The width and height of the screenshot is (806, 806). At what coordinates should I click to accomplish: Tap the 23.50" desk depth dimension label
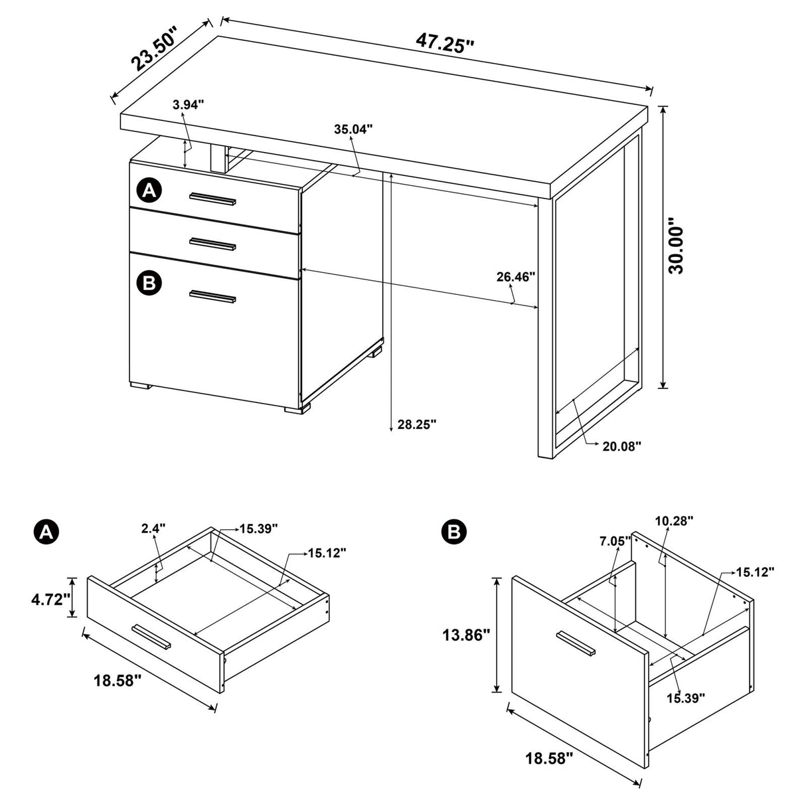[155, 50]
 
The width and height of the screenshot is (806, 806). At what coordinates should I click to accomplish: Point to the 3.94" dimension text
[188, 104]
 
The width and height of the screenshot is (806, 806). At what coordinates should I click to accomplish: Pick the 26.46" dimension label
[516, 276]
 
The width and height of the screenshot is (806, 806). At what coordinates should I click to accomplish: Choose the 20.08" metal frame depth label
[621, 446]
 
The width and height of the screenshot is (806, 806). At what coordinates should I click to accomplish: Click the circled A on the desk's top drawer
[149, 191]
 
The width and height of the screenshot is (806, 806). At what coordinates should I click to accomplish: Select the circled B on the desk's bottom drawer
[149, 283]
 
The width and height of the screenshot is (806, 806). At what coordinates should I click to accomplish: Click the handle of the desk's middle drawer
[212, 243]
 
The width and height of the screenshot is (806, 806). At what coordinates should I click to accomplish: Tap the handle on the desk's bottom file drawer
[212, 297]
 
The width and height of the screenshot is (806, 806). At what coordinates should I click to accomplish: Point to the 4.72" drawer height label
[50, 600]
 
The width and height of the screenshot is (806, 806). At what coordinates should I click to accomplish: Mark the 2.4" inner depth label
[153, 528]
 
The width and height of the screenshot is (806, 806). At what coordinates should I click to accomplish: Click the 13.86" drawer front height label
[466, 635]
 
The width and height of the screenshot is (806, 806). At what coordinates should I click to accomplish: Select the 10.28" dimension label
[674, 521]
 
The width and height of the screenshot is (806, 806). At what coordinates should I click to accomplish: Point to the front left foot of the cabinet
[140, 384]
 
